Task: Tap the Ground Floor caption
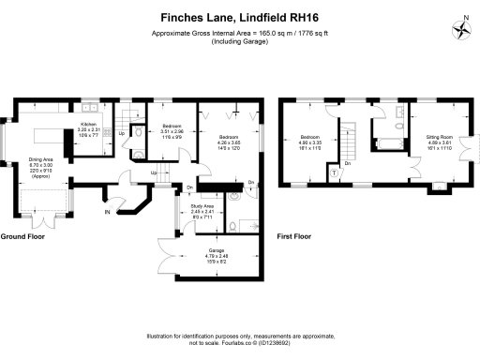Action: (x=22, y=237)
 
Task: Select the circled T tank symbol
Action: (x=335, y=172)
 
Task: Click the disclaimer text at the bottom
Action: (x=240, y=339)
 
